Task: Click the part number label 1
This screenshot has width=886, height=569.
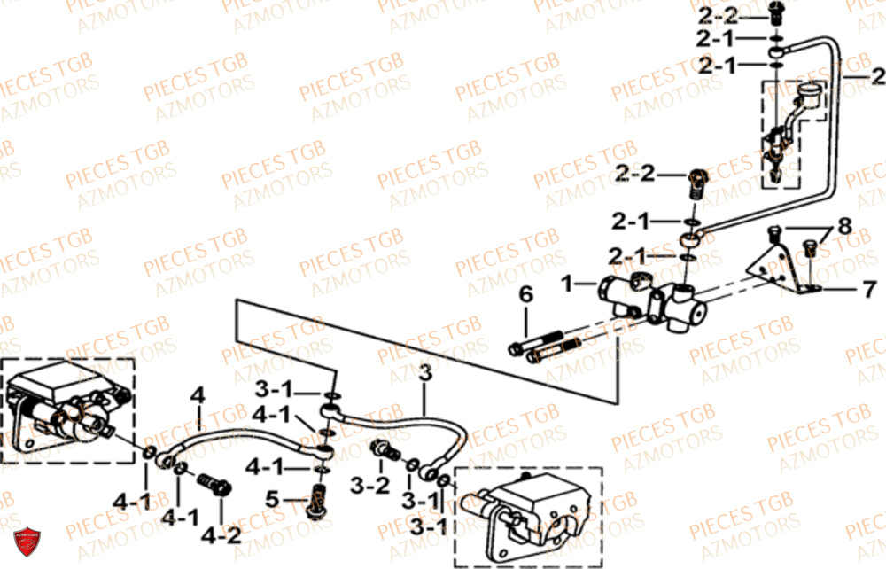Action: click(567, 284)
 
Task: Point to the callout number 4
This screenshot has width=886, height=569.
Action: click(198, 394)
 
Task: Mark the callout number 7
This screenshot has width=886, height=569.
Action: click(869, 289)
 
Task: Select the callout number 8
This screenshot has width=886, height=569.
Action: click(843, 227)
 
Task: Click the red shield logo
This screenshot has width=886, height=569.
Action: click(27, 542)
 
